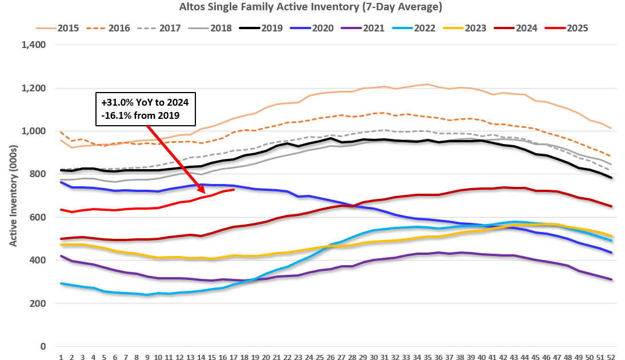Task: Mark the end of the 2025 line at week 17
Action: (234, 189)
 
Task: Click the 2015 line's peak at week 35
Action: (428, 85)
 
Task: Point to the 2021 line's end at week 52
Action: (611, 279)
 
